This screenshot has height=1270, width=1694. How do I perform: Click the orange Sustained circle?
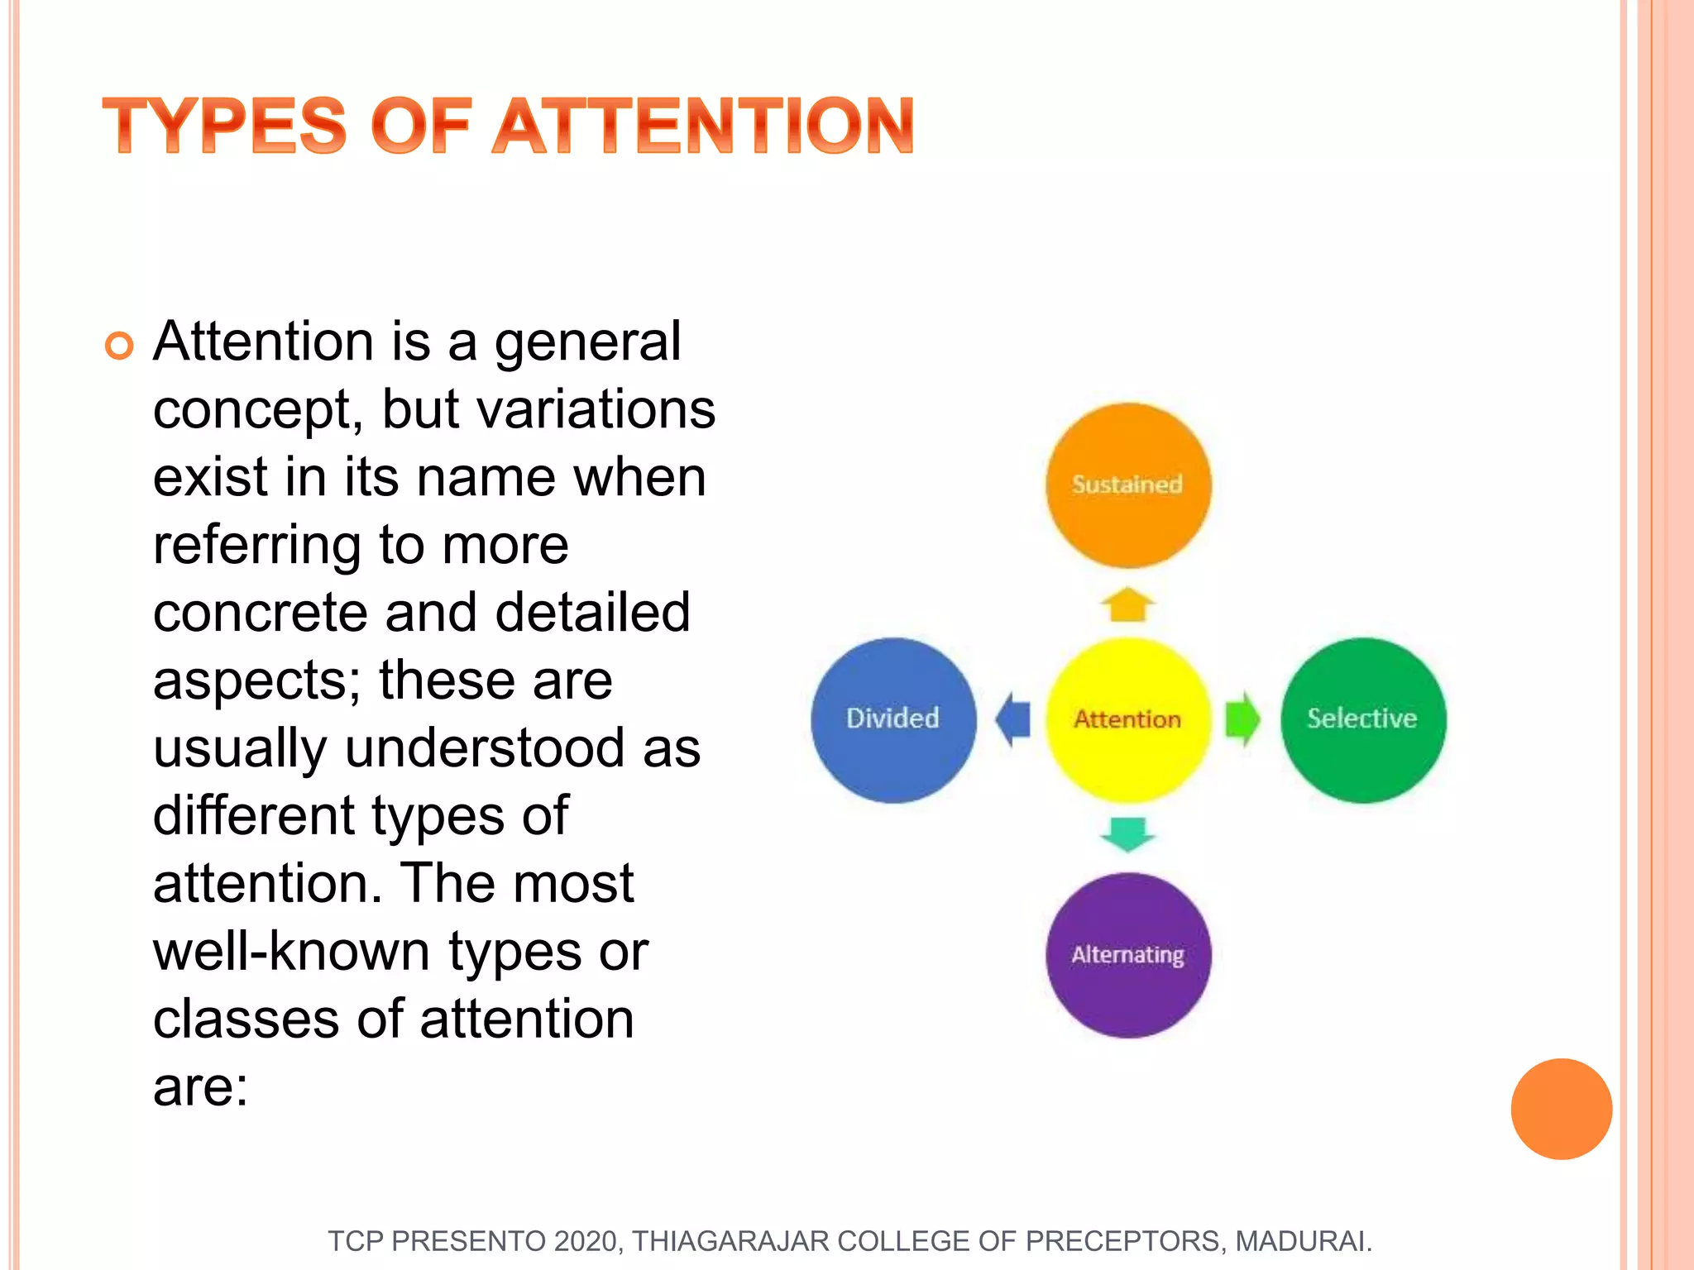(1128, 485)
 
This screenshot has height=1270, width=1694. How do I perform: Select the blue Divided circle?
(893, 719)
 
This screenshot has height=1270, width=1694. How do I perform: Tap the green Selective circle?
(1363, 719)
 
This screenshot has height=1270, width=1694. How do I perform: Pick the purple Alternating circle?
(1128, 955)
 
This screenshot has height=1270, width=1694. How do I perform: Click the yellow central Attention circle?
(1128, 719)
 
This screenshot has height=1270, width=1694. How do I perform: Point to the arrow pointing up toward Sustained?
(1127, 604)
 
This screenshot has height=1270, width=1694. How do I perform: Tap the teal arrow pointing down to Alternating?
(1127, 833)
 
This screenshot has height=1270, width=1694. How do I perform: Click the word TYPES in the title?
(224, 127)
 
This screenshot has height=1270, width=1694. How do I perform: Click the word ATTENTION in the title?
(703, 127)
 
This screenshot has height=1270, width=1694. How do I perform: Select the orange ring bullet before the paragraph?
(119, 346)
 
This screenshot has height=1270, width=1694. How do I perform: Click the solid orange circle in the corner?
(1561, 1109)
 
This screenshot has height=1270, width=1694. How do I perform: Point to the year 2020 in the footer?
(586, 1241)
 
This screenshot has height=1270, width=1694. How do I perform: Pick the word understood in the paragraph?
(485, 747)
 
